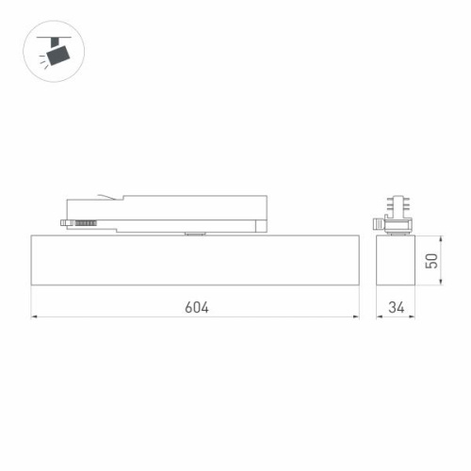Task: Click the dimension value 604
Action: click(x=196, y=307)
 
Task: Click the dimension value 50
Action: click(x=432, y=261)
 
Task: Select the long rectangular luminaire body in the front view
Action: click(x=196, y=259)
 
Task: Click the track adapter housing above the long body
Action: click(x=188, y=211)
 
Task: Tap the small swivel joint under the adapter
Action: click(x=196, y=232)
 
